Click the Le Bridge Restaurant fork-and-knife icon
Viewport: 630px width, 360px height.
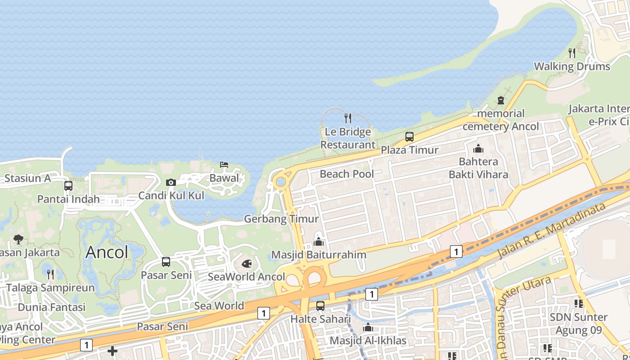click(x=348, y=118)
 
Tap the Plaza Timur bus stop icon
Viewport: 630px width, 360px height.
click(x=409, y=137)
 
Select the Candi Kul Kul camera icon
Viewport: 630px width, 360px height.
click(x=171, y=182)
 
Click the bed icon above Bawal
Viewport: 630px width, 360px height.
click(x=224, y=165)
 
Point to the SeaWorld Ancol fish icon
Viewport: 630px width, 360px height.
click(x=247, y=264)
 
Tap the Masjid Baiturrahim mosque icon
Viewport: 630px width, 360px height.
click(x=319, y=242)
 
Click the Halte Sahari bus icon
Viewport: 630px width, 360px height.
click(x=320, y=306)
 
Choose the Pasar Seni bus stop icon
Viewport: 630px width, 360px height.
click(x=166, y=262)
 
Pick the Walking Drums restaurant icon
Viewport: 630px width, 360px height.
click(x=572, y=53)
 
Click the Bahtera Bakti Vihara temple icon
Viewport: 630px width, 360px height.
click(x=478, y=148)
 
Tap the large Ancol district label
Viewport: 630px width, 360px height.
click(x=107, y=252)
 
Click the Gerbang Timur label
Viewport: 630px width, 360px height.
click(x=281, y=219)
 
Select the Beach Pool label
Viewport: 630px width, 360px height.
click(x=346, y=174)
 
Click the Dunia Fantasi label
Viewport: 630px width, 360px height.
click(x=51, y=307)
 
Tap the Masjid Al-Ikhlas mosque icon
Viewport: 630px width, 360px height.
click(x=368, y=327)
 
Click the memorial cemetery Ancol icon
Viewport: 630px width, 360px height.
click(x=501, y=100)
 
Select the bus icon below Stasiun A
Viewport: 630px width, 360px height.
click(x=68, y=185)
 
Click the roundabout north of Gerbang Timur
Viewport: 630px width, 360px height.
click(x=281, y=182)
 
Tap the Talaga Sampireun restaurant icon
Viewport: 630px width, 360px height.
click(x=50, y=274)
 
